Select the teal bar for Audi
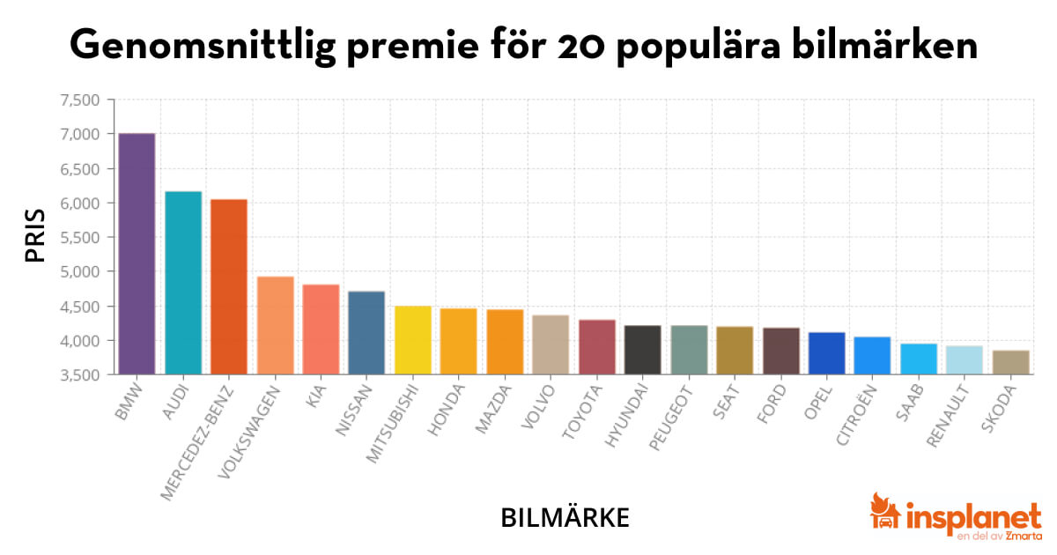pos(183,283)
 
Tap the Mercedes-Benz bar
pos(229,286)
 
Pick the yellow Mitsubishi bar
pos(412,340)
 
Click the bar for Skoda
pos(1009,362)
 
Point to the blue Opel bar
pos(826,353)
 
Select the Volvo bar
pos(551,344)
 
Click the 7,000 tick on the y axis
pos(80,134)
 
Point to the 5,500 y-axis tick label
pos(80,237)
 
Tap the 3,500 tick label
pos(80,375)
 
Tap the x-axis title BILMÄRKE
pos(565,517)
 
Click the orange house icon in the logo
pos(883,514)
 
